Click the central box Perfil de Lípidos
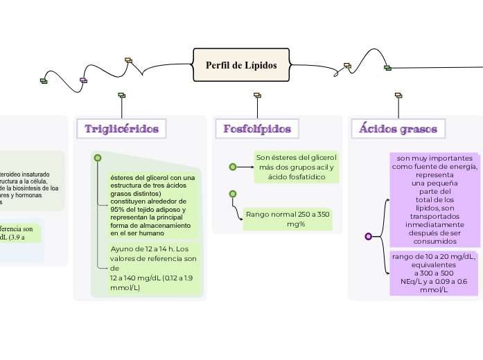click(240, 65)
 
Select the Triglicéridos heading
click(121, 129)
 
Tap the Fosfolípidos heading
click(256, 129)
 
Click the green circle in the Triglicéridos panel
click(98, 158)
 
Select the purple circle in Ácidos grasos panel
click(369, 236)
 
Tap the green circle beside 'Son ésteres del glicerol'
click(233, 167)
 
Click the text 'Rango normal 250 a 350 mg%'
click(288, 219)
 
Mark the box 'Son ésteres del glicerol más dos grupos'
click(296, 167)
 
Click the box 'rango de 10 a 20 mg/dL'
click(434, 273)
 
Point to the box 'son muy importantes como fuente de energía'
click(434, 199)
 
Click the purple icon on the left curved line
click(84, 80)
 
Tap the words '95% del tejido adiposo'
click(148, 209)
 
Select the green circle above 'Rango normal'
click(233, 194)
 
